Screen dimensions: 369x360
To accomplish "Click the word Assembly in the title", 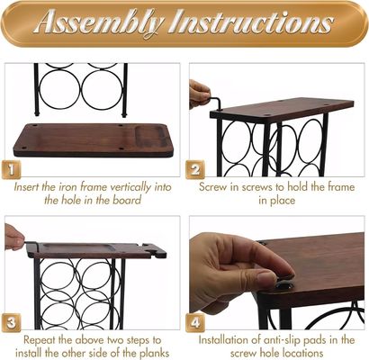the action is coord(100,22).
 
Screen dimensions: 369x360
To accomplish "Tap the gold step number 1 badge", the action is coord(12,170).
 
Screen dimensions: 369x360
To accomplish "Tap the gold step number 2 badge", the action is coord(195,170).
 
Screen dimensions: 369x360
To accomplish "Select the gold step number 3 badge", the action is coord(12,323).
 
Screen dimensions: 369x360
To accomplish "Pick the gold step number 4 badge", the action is coord(195,323).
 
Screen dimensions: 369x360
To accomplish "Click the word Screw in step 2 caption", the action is coord(213,187).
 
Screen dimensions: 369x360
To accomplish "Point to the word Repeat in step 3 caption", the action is coord(39,340).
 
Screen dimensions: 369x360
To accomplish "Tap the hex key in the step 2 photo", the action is coord(215,103).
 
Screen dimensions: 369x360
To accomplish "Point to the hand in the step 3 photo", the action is coord(13,238).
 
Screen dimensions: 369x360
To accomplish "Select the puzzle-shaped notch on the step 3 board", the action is coord(155,250).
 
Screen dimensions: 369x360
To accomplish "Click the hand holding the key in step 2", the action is coord(200,94).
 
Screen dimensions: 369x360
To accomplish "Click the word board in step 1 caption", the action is coord(127,200).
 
